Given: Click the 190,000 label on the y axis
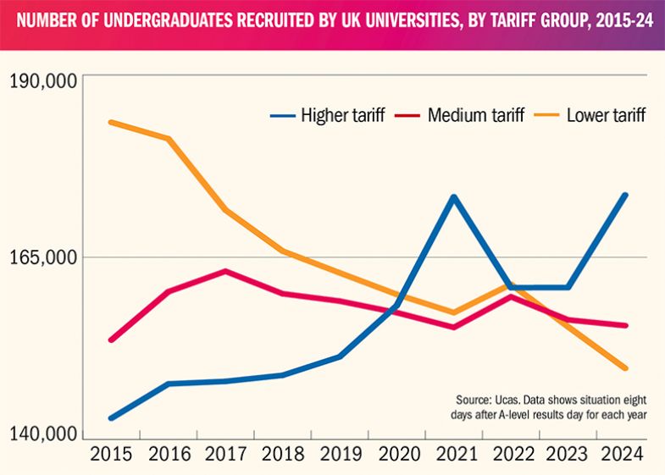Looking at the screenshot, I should point(43,81).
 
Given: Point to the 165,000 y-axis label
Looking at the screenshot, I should point(43,257).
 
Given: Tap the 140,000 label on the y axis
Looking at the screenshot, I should point(43,434).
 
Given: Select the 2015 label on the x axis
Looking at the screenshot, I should point(112,454).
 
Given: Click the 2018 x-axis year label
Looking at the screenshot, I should point(283,454).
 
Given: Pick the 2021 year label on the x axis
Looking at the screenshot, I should point(454,454).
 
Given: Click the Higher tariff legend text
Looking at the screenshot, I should point(343,115).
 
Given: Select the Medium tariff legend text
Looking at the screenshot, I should point(476,115).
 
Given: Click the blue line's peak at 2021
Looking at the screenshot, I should point(454,197).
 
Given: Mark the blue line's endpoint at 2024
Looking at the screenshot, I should point(625,196).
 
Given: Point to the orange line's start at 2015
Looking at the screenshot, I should point(112,122).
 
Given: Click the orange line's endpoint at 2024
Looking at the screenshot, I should point(625,368).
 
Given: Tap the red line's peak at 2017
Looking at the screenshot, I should point(225,271).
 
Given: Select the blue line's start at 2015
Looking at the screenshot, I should point(112,417).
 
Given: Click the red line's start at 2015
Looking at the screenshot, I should point(112,340).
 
